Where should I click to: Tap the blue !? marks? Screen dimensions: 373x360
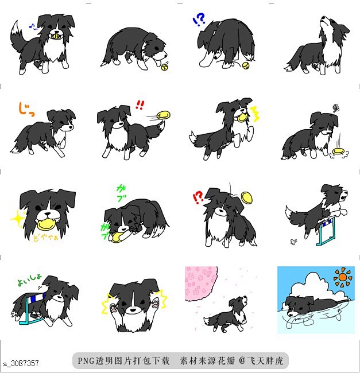[x=199, y=21]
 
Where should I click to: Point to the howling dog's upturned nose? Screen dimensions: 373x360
[x=345, y=24]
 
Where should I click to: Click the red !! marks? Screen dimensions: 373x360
[x=140, y=104]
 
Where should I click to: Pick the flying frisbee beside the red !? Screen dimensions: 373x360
[x=164, y=115]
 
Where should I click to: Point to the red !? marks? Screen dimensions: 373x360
[x=198, y=197]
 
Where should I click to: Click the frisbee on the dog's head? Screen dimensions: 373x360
[x=247, y=197]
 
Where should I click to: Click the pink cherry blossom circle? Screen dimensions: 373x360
[x=201, y=283]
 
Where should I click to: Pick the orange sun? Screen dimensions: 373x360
[x=343, y=277]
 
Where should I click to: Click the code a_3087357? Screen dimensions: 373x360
[x=21, y=363]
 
